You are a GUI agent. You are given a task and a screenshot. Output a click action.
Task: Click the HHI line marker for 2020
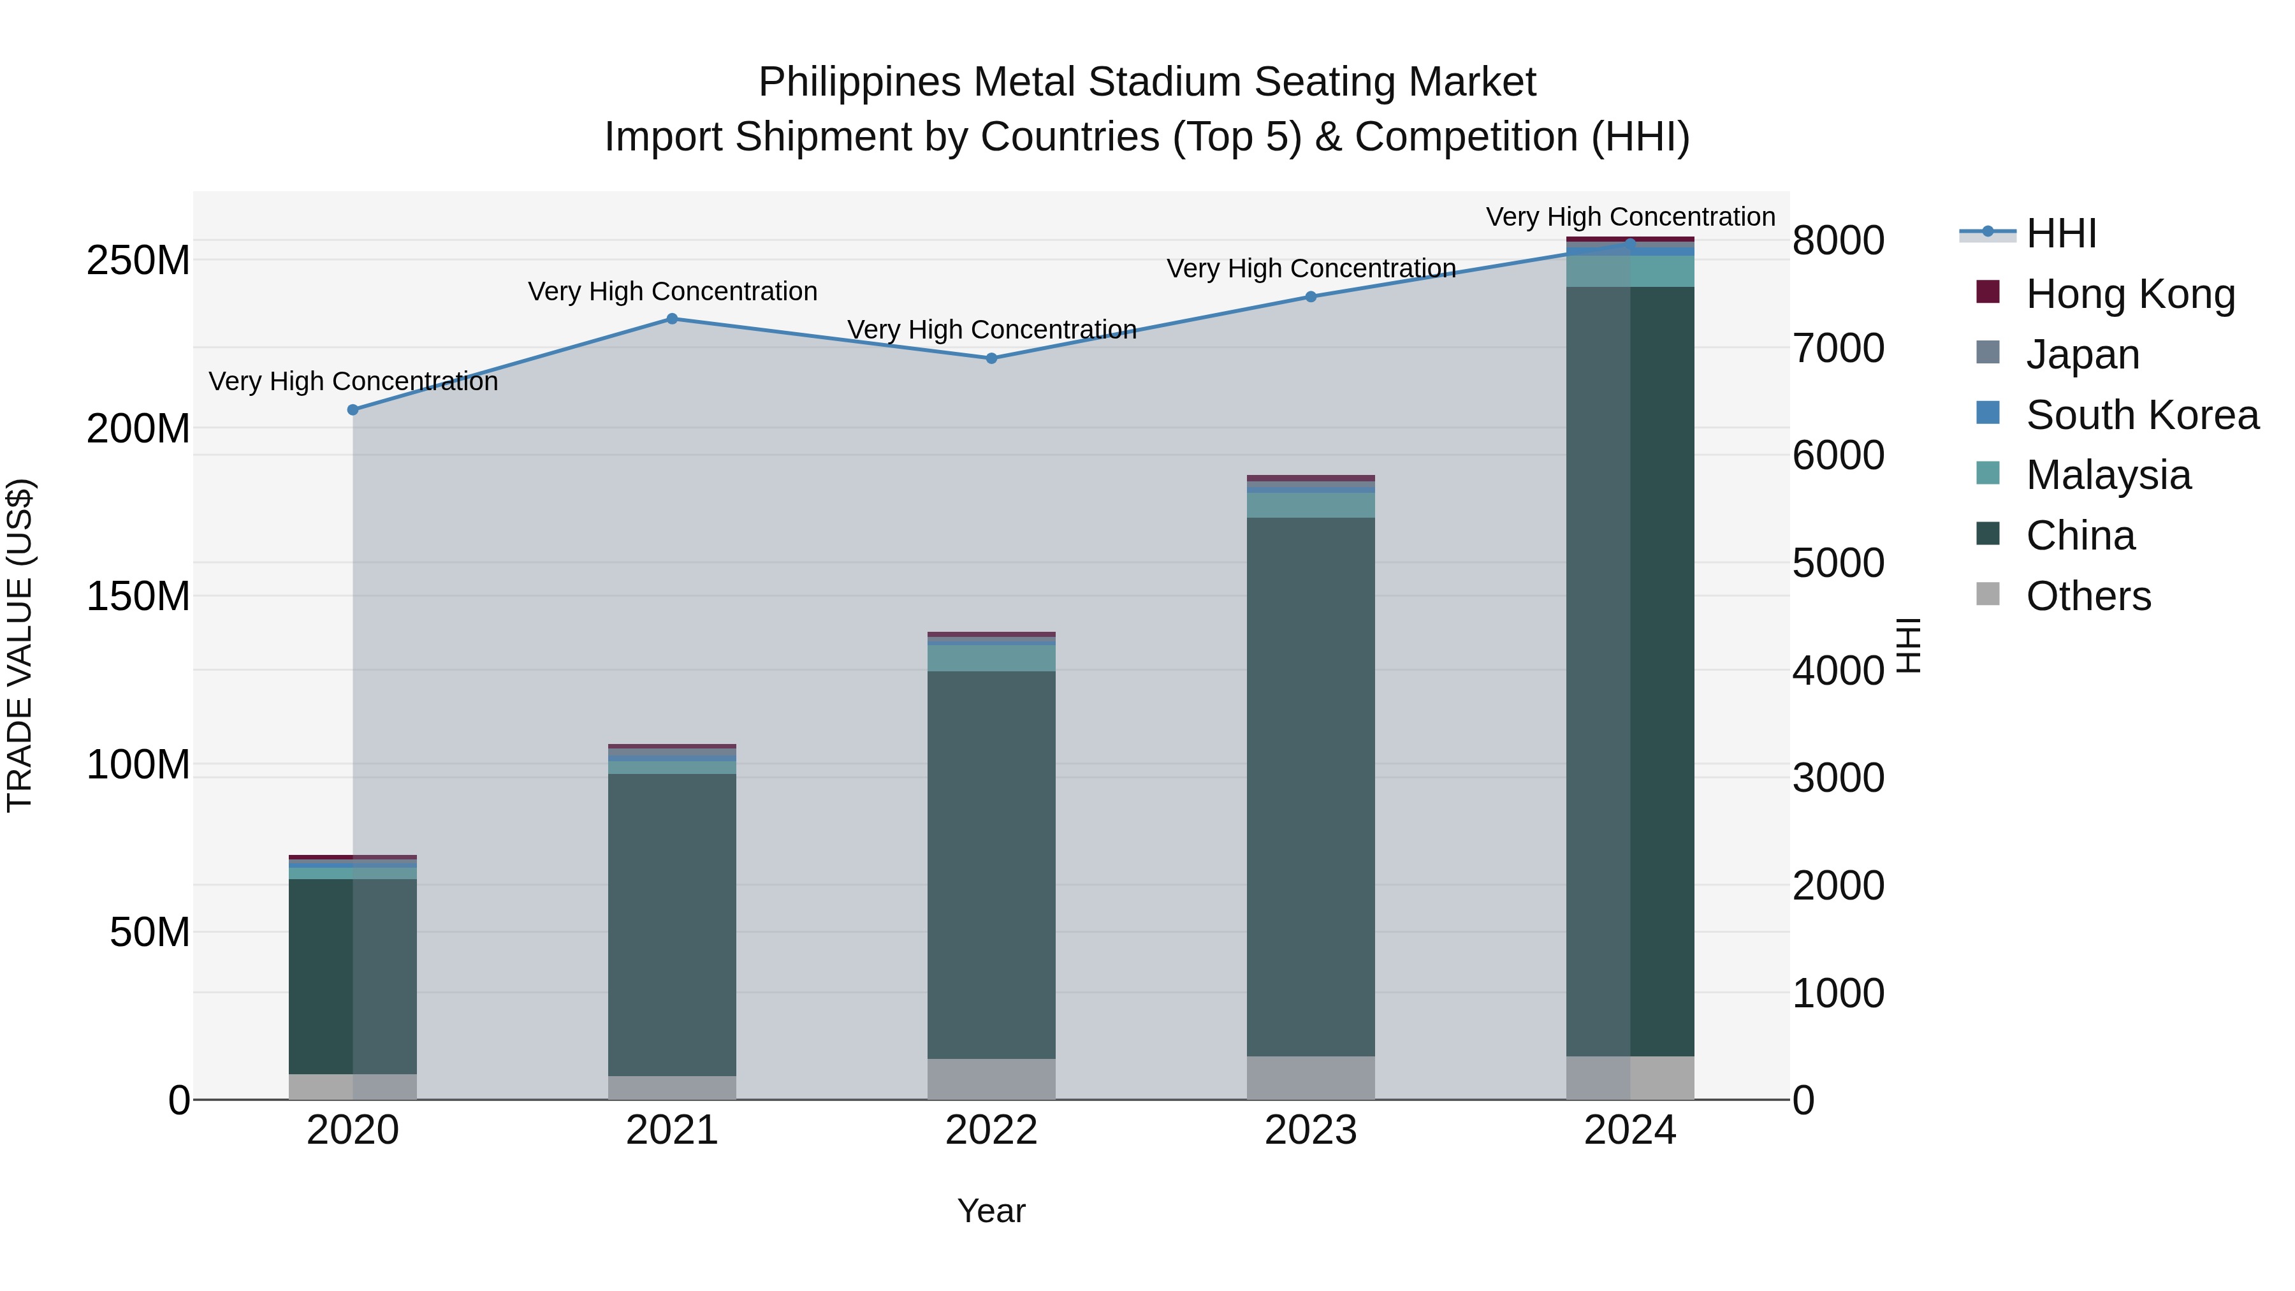click(x=353, y=410)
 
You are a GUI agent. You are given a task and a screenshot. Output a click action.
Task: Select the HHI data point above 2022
click(x=991, y=358)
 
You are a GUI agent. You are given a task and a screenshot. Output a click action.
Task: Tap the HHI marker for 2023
click(x=1311, y=296)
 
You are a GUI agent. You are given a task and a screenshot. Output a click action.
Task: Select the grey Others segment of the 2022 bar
click(x=991, y=1078)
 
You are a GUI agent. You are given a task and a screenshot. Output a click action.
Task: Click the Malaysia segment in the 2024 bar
click(x=1630, y=272)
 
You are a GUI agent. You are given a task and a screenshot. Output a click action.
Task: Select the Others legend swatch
click(x=1988, y=594)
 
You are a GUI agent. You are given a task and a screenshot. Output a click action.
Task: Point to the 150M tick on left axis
click(x=138, y=596)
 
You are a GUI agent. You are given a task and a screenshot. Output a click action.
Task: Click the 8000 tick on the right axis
click(x=1838, y=240)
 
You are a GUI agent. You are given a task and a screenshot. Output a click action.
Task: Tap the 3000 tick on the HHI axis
click(x=1838, y=778)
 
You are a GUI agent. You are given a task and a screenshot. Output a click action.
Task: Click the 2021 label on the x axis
click(x=672, y=1130)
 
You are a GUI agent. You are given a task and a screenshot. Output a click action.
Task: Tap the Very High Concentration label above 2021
click(x=672, y=291)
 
